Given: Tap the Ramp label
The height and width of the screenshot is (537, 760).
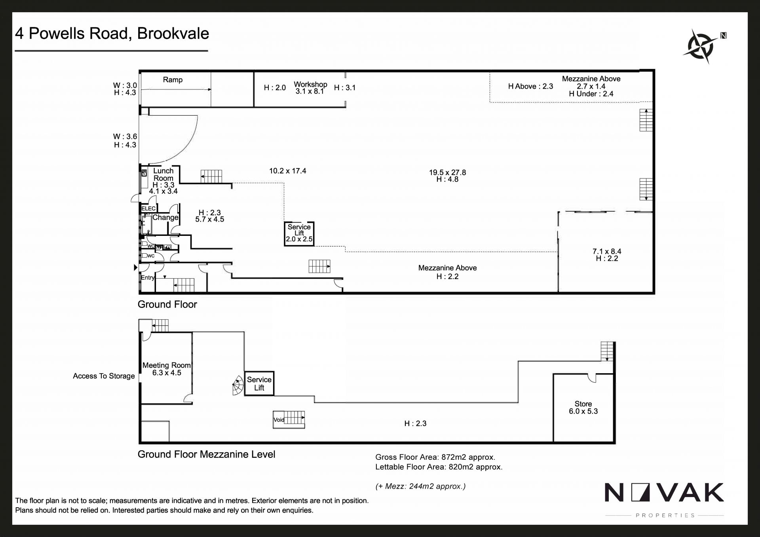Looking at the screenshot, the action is coord(173,80).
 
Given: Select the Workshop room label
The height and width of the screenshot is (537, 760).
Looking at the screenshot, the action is coord(310,84).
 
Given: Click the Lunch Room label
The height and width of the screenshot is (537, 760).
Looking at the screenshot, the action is coord(163,175).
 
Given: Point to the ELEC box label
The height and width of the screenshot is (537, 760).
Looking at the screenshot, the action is coord(149,209).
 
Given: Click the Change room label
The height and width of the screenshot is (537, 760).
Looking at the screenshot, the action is coord(165,218).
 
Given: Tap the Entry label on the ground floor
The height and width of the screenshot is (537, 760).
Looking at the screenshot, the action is coord(148,278).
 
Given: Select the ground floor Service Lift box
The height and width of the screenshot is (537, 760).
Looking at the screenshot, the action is coord(299,234).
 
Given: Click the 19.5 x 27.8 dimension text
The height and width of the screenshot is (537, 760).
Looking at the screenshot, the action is coord(448,173).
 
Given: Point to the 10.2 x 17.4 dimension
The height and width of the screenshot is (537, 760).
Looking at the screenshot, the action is coord(288,171).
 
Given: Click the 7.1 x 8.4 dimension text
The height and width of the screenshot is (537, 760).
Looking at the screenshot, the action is coord(607,251).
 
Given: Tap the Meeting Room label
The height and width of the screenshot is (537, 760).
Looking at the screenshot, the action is coord(167,365).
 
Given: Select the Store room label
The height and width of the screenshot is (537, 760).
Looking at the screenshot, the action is coord(583,404).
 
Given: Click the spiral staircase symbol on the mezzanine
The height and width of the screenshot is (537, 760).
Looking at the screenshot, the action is coord(237,385).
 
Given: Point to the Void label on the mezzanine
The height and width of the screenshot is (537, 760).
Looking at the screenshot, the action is coord(279,420).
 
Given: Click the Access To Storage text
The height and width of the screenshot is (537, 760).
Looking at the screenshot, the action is coord(104,376).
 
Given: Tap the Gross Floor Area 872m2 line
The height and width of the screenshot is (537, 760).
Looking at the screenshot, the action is coord(435,457).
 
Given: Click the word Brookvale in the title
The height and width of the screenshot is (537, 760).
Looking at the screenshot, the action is coord(173,34).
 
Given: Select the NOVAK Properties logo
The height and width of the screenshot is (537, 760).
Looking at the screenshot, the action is coord(664,499).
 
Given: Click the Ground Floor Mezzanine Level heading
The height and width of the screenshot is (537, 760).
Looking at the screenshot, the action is coord(206,454).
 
